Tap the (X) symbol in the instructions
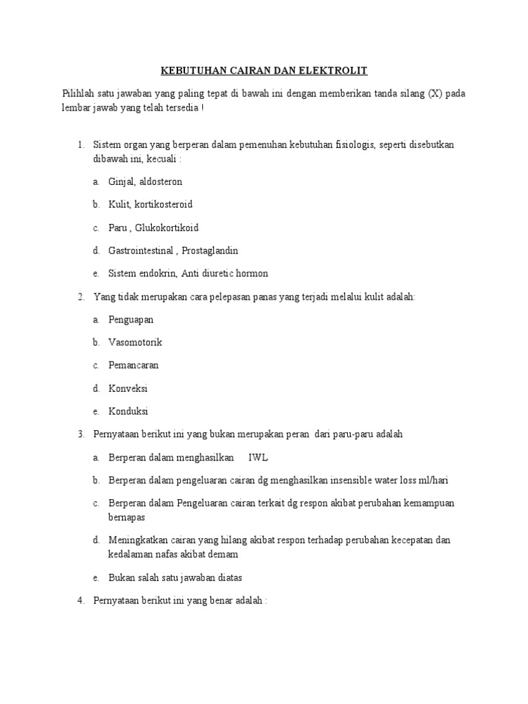coord(435,93)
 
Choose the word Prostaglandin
coord(210,250)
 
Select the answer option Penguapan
coord(131,320)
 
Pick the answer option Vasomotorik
coord(135,342)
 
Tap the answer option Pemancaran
coord(133,365)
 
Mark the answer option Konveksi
coord(128,388)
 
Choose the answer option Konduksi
coord(128,411)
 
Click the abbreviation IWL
coord(258,457)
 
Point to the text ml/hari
coord(433,480)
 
